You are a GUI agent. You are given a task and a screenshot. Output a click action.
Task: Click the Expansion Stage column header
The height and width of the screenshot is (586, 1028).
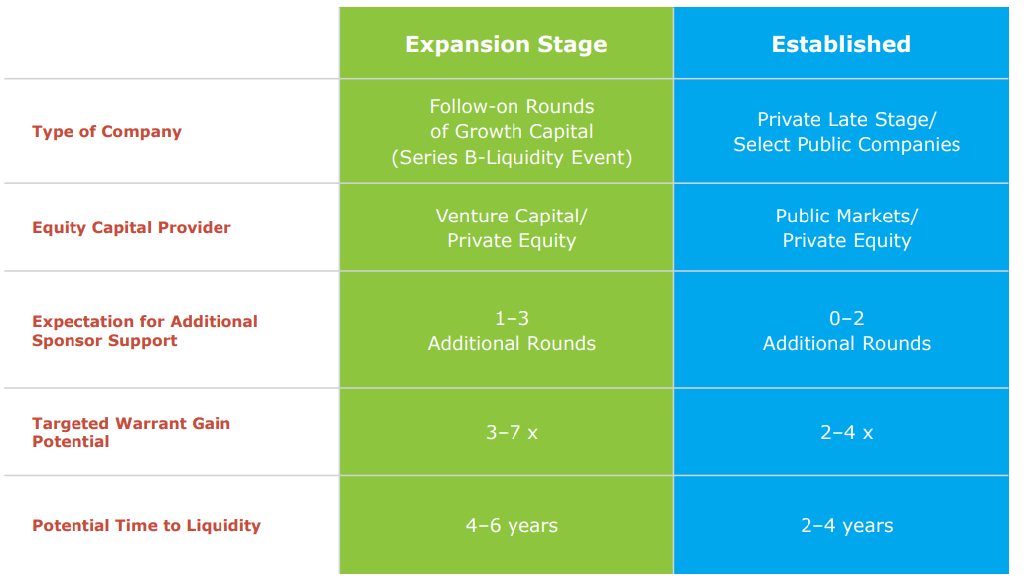tap(506, 45)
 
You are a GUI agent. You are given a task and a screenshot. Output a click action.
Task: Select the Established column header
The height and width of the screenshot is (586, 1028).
tap(840, 45)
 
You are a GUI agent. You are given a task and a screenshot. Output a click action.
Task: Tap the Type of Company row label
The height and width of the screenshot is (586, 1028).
tap(106, 132)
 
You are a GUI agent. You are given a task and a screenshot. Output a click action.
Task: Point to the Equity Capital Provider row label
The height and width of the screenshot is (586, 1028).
tap(131, 228)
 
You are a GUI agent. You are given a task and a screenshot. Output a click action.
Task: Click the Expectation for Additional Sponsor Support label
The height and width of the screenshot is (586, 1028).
tap(144, 331)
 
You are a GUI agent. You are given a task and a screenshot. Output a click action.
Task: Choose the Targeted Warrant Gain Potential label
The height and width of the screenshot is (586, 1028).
tap(130, 432)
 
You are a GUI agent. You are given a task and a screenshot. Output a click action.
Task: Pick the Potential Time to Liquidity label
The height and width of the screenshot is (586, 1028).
tap(146, 526)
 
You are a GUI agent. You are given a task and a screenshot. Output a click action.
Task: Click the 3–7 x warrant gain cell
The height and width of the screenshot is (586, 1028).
tap(512, 433)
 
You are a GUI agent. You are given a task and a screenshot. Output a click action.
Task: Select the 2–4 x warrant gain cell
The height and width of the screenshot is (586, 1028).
tap(846, 433)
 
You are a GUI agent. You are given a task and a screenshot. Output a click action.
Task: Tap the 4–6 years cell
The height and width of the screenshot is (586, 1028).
tap(512, 526)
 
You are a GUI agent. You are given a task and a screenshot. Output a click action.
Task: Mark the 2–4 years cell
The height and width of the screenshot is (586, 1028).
tap(846, 526)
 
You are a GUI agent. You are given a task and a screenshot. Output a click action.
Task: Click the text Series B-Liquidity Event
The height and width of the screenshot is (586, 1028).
tap(512, 157)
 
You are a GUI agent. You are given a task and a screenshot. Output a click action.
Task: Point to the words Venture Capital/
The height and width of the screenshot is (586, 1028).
tap(512, 216)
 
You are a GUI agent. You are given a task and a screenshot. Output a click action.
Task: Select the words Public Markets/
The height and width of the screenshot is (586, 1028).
tap(846, 216)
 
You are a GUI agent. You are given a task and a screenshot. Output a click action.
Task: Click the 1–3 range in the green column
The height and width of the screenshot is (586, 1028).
tap(512, 319)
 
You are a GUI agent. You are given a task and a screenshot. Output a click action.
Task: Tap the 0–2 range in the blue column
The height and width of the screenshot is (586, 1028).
tap(846, 319)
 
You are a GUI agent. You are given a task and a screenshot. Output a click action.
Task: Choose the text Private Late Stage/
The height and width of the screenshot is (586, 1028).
tap(846, 120)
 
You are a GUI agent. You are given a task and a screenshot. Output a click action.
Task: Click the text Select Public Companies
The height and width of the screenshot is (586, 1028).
tap(846, 145)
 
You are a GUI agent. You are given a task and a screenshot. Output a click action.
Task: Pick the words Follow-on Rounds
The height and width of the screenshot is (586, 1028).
tap(512, 107)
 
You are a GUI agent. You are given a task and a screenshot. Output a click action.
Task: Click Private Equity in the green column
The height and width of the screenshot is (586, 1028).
tap(512, 240)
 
